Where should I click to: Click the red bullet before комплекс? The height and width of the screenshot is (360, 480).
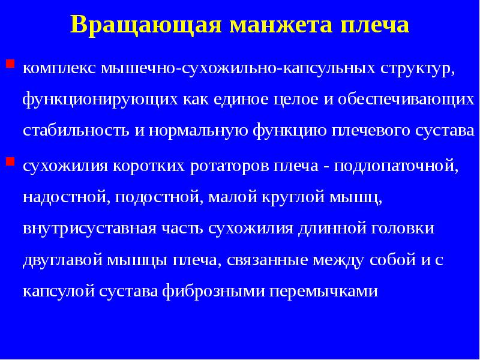pos(10,62)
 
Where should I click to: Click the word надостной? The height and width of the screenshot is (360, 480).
pos(64,197)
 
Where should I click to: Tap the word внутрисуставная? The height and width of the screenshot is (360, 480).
pos(89,229)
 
